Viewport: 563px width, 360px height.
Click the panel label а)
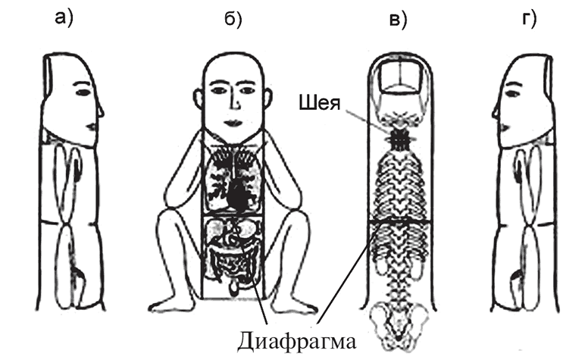point(64,18)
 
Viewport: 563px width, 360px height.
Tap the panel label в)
point(399,20)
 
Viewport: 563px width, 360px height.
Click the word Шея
point(319,104)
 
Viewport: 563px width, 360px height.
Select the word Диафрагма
point(296,341)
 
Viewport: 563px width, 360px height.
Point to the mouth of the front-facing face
point(233,123)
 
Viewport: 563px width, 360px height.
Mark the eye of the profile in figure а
point(83,92)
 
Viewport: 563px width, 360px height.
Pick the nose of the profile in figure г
point(496,112)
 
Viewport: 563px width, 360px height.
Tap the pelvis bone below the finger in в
point(399,321)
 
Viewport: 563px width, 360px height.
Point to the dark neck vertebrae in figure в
point(398,139)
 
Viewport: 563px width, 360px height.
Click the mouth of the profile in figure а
point(91,127)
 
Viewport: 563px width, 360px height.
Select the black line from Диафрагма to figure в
point(346,273)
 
